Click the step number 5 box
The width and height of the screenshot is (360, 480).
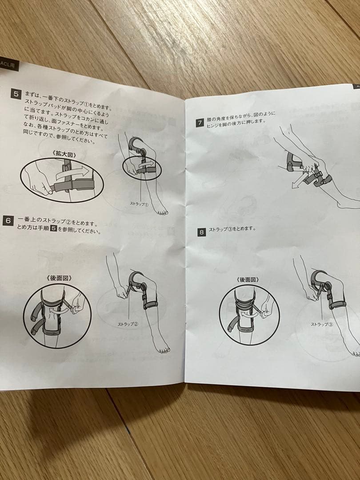point(16,94)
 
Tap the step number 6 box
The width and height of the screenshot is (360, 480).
point(8,220)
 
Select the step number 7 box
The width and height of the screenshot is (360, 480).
point(200,123)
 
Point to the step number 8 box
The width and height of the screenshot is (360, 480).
point(202,232)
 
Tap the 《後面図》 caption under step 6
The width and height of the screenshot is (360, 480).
point(59,278)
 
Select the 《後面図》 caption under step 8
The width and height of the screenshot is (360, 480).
point(248,280)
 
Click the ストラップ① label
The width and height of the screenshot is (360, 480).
point(140,203)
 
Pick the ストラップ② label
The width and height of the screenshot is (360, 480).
point(128,324)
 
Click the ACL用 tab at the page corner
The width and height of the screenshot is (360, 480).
point(8,64)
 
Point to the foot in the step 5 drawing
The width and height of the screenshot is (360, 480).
point(161,211)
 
